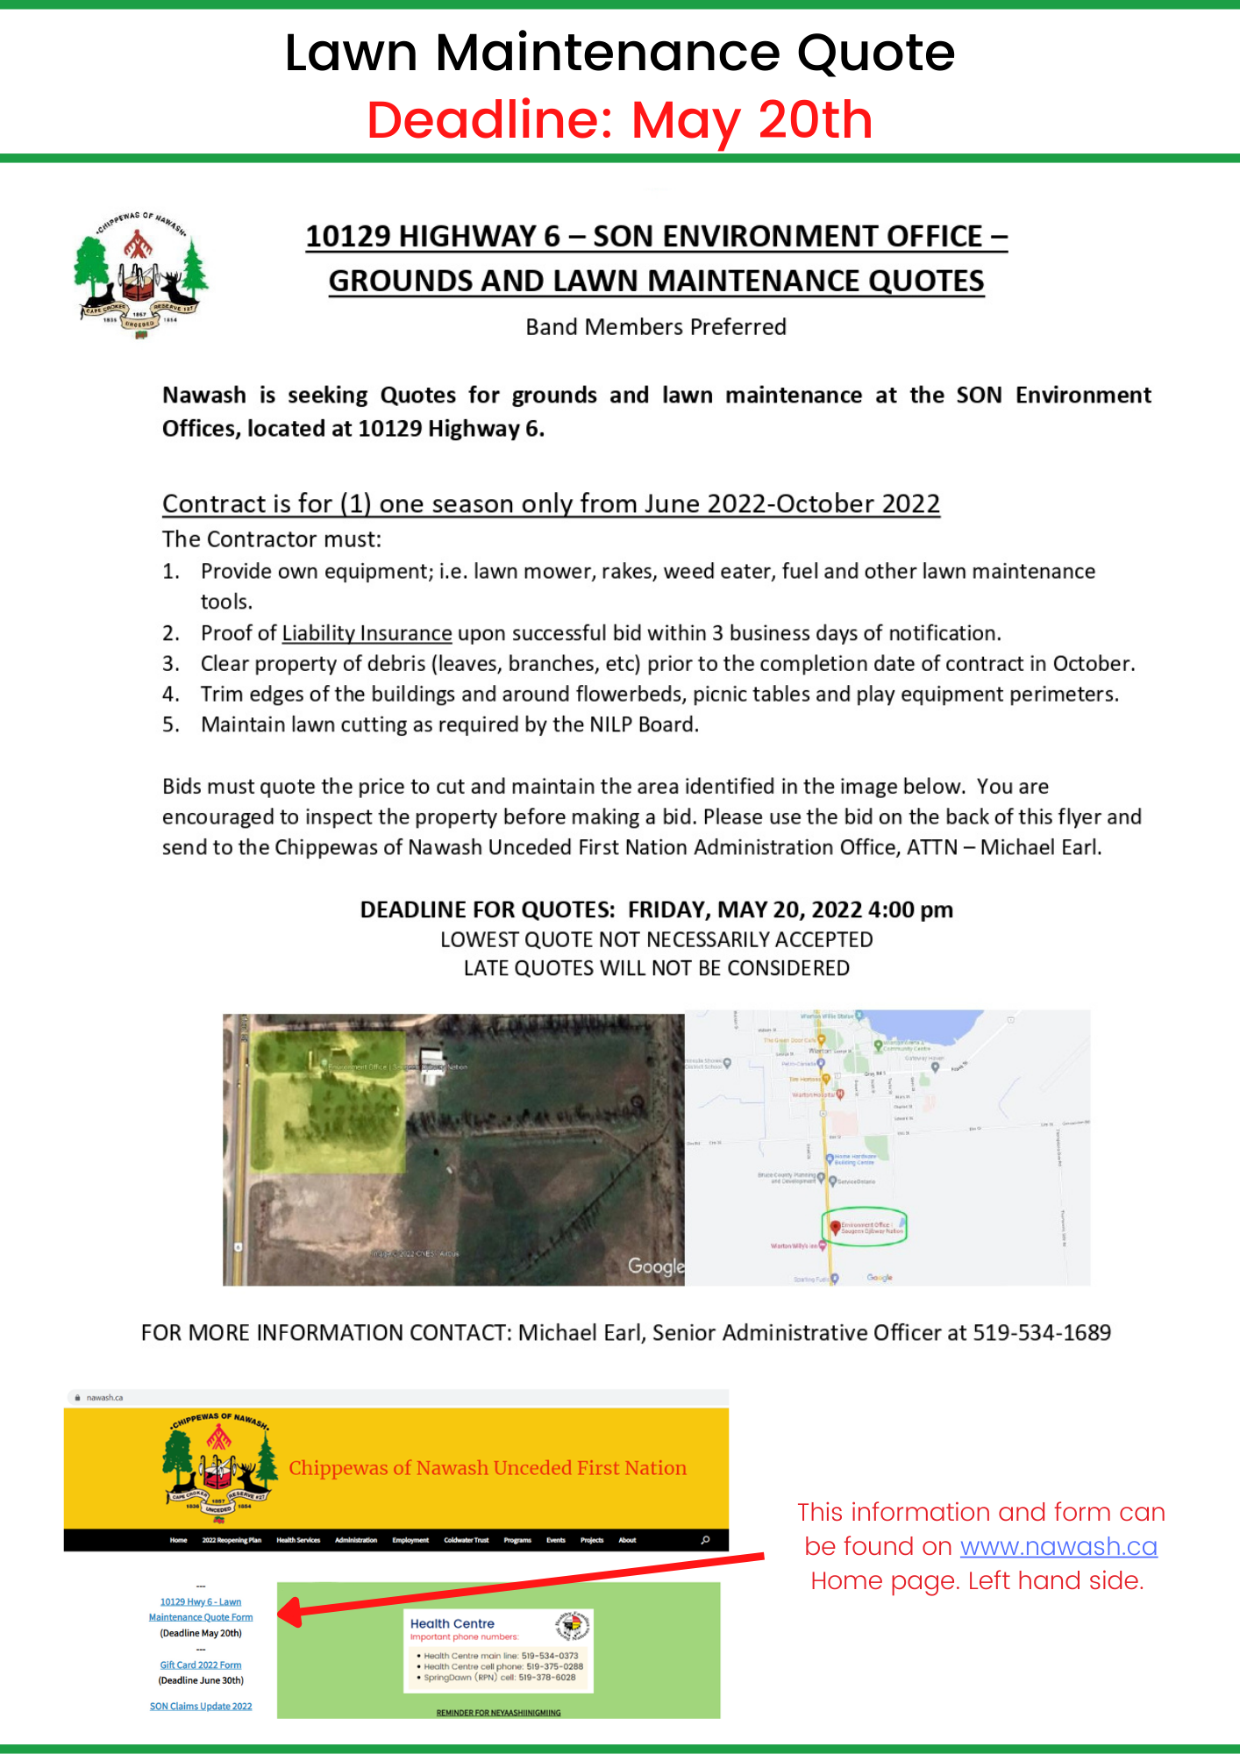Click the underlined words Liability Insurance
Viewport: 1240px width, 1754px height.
click(x=367, y=633)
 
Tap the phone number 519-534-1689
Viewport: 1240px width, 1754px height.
click(x=1042, y=1333)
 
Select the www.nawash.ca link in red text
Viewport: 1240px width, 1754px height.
click(x=1058, y=1546)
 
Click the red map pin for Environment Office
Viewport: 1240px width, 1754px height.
click(x=835, y=1228)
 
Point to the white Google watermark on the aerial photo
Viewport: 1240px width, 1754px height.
click(x=655, y=1266)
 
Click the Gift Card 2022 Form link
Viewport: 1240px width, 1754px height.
click(x=201, y=1665)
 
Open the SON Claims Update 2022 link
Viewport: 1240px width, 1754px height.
click(x=201, y=1706)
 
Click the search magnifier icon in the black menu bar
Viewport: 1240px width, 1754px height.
click(x=705, y=1540)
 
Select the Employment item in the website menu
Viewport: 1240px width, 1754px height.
click(x=410, y=1540)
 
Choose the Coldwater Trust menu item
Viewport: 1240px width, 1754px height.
click(x=466, y=1540)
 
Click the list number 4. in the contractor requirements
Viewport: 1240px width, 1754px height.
click(x=171, y=695)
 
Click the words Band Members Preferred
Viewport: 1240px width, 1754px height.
click(x=656, y=327)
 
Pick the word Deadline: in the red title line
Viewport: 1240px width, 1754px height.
click(x=489, y=120)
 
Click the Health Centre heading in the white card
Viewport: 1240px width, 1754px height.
click(x=453, y=1623)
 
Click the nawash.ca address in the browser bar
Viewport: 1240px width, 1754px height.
click(x=104, y=1398)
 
